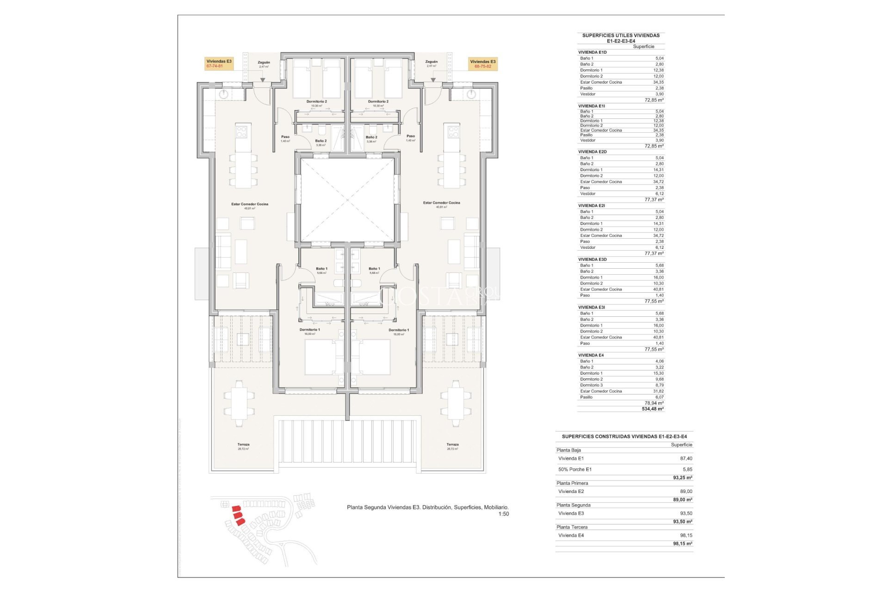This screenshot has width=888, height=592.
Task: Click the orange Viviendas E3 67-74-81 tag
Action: (219, 63)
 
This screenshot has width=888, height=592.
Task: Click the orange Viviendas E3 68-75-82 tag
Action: (482, 64)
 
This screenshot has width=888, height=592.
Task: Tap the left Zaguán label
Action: (264, 62)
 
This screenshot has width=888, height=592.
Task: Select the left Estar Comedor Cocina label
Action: (250, 204)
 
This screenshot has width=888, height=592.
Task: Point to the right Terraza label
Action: (452, 444)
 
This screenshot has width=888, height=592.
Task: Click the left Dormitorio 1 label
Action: (309, 330)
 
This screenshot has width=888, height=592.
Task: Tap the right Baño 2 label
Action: (371, 137)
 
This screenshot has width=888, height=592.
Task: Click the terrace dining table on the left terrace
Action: (239, 403)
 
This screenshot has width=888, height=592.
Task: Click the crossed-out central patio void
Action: (347, 200)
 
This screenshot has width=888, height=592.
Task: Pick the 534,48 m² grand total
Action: (653, 409)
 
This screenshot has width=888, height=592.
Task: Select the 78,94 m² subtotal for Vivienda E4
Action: (654, 403)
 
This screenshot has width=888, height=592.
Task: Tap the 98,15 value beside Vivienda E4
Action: (686, 535)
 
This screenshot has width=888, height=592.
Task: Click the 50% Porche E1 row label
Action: (575, 469)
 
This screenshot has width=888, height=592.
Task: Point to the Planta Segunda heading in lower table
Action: (573, 505)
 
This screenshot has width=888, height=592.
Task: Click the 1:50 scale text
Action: (503, 514)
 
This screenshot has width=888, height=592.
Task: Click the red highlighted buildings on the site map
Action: (238, 515)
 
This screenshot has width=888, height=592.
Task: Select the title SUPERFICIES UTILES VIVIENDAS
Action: (621, 35)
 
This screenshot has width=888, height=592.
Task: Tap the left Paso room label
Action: (285, 137)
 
